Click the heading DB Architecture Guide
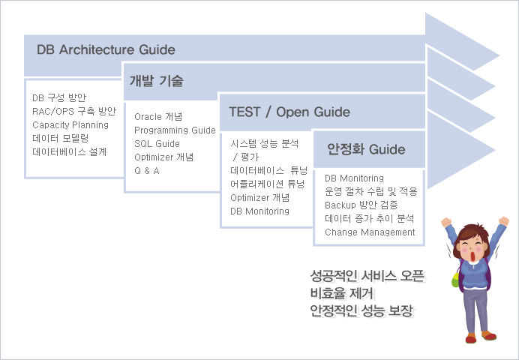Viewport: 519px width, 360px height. [106, 49]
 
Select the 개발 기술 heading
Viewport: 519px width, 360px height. [156, 81]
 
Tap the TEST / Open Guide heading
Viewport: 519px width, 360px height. [289, 112]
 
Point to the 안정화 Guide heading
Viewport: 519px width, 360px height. [366, 149]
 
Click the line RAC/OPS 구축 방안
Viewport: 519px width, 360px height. [74, 111]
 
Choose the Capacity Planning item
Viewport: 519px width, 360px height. [70, 125]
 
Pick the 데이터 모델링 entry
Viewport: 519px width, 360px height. [61, 138]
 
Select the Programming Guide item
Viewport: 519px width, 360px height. [175, 130]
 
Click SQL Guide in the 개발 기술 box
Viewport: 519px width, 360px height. [157, 143]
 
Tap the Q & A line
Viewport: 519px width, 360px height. [147, 171]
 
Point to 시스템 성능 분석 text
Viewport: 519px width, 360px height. [265, 143]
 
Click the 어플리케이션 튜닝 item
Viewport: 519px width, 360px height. [268, 184]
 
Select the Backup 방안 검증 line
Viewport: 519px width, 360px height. [361, 205]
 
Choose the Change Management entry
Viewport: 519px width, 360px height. [370, 232]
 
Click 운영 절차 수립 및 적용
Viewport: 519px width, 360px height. [371, 191]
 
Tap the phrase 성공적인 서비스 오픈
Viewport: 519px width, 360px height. [367, 276]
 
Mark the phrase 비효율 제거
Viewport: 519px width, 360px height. [342, 293]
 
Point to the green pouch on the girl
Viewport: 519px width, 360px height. [456, 280]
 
